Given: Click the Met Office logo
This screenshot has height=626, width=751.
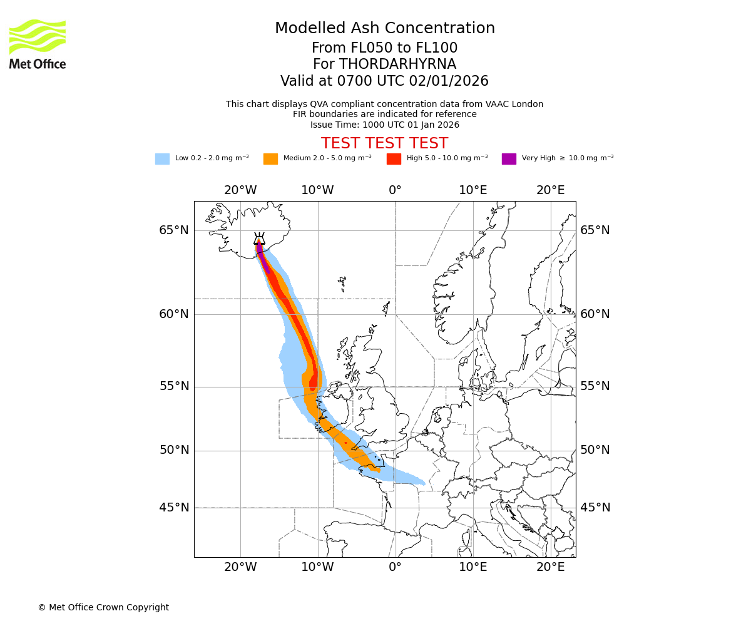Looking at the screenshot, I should [38, 44].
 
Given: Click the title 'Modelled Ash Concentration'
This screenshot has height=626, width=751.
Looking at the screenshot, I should [385, 28].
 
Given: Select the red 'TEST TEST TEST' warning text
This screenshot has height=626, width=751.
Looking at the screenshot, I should [384, 143].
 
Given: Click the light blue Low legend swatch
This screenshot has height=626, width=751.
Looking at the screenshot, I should [162, 159].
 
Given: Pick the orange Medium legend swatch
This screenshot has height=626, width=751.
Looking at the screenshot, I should [270, 159].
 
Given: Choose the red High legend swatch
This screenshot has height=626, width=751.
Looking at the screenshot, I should [394, 159].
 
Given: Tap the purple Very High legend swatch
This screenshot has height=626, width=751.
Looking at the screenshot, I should [509, 159].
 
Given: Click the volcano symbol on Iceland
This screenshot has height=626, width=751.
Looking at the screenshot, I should [259, 239].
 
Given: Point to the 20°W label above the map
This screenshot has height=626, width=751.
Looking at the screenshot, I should [240, 190].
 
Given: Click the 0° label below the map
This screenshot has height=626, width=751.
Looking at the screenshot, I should [395, 567].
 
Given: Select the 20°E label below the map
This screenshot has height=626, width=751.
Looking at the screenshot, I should [550, 567].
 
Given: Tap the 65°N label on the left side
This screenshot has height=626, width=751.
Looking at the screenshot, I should [174, 230].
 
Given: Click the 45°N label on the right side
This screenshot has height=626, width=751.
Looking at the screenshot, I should [595, 508].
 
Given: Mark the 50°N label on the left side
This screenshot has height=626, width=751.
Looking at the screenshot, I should [174, 450].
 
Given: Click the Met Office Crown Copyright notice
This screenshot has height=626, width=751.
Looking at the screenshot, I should [103, 607].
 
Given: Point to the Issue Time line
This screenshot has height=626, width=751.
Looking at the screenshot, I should [384, 125].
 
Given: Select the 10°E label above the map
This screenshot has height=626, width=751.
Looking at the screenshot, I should [473, 190].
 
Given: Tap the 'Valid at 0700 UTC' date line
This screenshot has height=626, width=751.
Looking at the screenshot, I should [384, 81].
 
